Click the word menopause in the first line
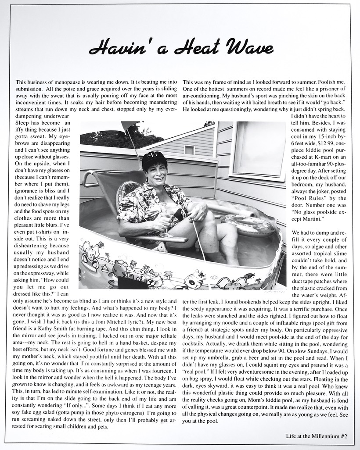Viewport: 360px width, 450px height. (72, 82)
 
